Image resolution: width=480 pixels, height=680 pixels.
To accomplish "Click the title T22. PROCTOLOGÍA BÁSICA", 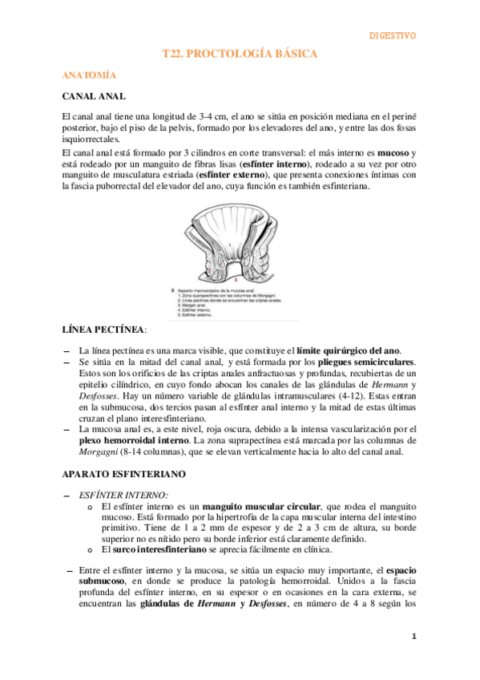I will point(240,54).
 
